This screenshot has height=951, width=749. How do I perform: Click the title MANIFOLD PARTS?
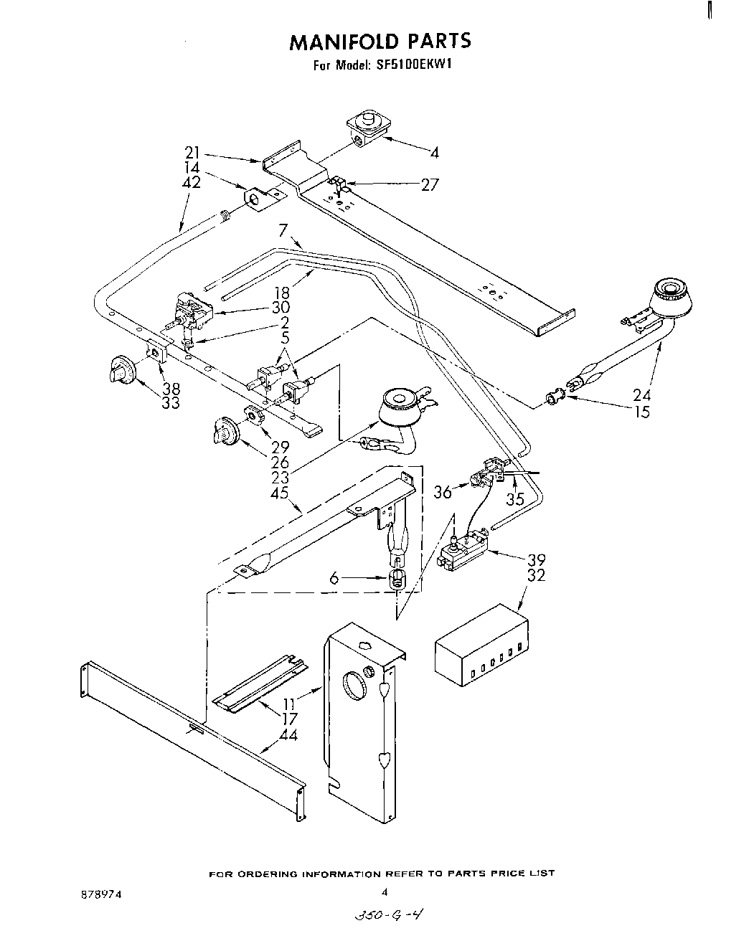click(x=380, y=42)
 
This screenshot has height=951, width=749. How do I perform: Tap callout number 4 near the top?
click(x=434, y=152)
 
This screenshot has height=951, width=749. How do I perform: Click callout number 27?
click(x=429, y=185)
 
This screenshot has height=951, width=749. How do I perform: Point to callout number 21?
click(x=192, y=152)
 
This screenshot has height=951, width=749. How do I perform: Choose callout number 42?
click(x=192, y=182)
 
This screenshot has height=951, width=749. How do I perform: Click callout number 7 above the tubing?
click(x=283, y=230)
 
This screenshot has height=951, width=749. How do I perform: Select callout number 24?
click(x=643, y=394)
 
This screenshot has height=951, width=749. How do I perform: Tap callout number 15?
click(x=643, y=412)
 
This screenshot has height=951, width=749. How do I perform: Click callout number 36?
click(x=443, y=492)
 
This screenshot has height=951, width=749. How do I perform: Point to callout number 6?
click(x=334, y=576)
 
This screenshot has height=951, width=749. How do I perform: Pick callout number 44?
click(x=290, y=734)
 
